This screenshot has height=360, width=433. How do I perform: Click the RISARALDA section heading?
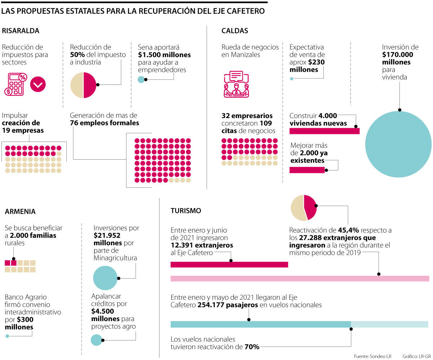click(21, 31)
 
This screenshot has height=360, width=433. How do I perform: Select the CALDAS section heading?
click(235, 31)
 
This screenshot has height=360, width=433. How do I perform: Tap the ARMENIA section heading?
click(20, 211)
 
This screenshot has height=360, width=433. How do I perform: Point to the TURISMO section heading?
click(186, 211)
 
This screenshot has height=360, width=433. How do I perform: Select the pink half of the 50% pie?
click(90, 85)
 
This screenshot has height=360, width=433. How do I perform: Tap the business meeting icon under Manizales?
click(236, 84)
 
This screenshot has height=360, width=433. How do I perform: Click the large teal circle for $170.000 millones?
click(398, 144)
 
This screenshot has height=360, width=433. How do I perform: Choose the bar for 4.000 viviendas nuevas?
click(324, 131)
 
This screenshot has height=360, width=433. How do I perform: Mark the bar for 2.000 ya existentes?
click(307, 170)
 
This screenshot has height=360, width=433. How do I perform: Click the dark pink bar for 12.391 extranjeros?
click(229, 264)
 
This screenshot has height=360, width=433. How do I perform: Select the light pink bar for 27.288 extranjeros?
click(299, 278)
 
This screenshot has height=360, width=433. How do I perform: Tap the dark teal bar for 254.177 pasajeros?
click(261, 324)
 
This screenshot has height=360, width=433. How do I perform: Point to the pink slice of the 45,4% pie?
click(310, 207)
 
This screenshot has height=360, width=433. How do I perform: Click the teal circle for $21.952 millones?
click(106, 278)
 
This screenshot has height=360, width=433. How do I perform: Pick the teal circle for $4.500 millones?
click(96, 340)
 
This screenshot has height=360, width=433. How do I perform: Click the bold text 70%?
click(252, 347)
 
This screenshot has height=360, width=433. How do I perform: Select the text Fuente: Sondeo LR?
click(372, 356)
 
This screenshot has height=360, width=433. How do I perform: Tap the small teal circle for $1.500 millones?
click(141, 79)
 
